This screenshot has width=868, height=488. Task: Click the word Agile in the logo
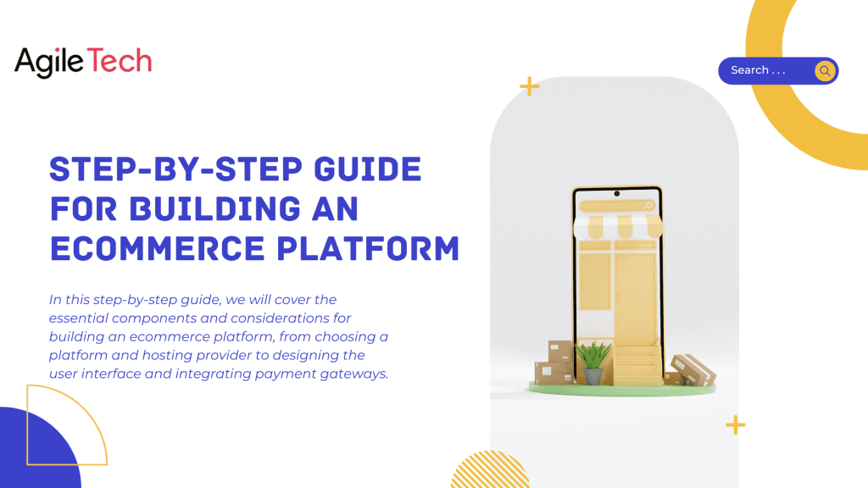(x=50, y=62)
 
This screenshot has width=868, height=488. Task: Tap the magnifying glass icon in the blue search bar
(x=825, y=71)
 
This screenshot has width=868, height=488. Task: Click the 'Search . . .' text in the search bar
(x=758, y=70)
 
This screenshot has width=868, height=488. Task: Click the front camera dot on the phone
(x=616, y=194)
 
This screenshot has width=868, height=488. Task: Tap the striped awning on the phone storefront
(x=616, y=225)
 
